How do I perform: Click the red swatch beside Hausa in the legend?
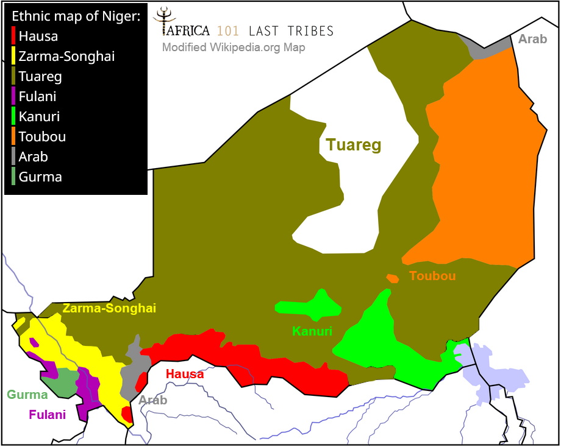14,36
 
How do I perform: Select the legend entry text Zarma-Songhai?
66,56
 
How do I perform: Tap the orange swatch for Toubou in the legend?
14,136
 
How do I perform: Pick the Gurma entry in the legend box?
40,177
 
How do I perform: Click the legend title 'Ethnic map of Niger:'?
76,16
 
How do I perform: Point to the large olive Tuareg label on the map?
353,145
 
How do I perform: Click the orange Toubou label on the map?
432,276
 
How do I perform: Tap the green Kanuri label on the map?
312,331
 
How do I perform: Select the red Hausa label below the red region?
185,374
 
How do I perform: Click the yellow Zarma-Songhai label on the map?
109,309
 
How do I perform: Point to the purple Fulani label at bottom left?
47,415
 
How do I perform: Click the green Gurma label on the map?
27,395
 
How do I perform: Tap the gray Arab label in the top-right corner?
532,40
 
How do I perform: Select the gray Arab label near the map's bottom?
152,400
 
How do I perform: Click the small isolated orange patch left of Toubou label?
393,278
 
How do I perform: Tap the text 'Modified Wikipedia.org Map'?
234,48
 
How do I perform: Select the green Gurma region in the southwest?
61,384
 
